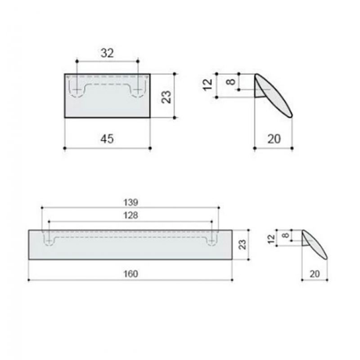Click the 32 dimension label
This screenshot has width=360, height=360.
point(107,53)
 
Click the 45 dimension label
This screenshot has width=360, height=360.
point(107,139)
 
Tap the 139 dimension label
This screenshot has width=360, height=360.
point(130,202)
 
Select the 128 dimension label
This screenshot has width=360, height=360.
point(130,216)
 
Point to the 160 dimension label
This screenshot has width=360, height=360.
point(130,274)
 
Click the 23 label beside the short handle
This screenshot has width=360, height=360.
point(166,97)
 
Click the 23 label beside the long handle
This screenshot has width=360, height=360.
point(243,244)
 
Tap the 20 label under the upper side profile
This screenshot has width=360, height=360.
point(274,139)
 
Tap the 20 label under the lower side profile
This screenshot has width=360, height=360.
point(315,274)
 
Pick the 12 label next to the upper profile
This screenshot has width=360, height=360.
point(208,85)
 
